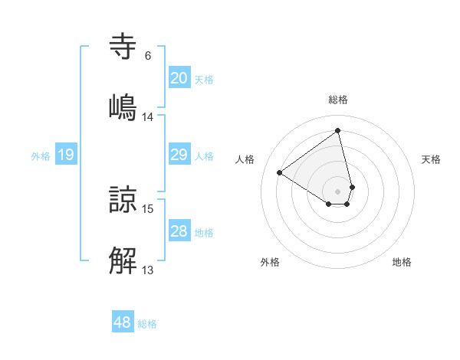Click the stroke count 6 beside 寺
pyautogui.click(x=148, y=56)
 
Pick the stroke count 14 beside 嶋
pyautogui.click(x=148, y=117)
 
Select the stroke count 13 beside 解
pyautogui.click(x=148, y=270)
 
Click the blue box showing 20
pyautogui.click(x=179, y=78)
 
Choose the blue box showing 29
pyautogui.click(x=179, y=155)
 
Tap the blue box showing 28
pyautogui.click(x=179, y=231)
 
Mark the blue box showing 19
pyautogui.click(x=65, y=155)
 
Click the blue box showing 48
pyautogui.click(x=123, y=322)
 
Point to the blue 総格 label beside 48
pyautogui.click(x=147, y=324)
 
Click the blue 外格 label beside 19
pyautogui.click(x=41, y=156)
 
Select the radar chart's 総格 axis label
pyautogui.click(x=338, y=100)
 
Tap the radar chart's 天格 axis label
pyautogui.click(x=432, y=159)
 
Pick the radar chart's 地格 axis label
pyautogui.click(x=402, y=262)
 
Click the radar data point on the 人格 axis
pyautogui.click(x=280, y=173)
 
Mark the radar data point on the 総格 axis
pyautogui.click(x=338, y=130)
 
